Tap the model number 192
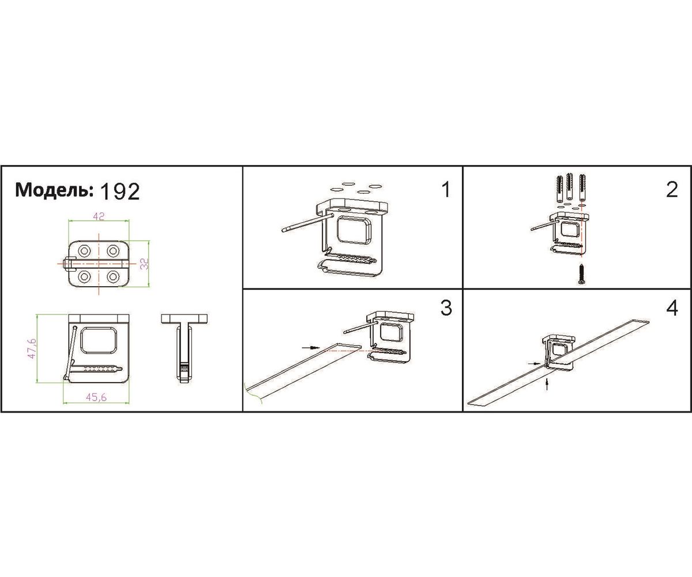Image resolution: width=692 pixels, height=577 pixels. click(119, 192)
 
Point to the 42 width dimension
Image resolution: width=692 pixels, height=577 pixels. click(99, 216)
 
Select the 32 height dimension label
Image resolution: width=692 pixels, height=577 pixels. click(144, 264)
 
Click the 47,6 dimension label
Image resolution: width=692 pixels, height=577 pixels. click(32, 348)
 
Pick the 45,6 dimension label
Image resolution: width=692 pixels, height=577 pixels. click(96, 398)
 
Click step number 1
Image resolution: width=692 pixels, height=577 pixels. click(446, 190)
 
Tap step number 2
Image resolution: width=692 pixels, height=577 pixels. click(672, 190)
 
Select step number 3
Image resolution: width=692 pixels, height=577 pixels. click(446, 308)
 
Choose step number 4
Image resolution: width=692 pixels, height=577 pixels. click(672, 308)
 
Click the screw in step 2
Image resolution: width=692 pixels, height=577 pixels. click(582, 273)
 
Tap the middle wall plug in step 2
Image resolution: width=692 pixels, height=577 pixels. click(570, 188)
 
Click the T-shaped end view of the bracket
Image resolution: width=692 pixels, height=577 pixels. click(185, 348)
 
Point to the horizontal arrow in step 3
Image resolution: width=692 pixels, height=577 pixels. click(311, 347)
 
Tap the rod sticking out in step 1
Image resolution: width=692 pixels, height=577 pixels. click(307, 222)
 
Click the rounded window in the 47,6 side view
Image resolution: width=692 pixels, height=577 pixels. click(99, 341)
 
